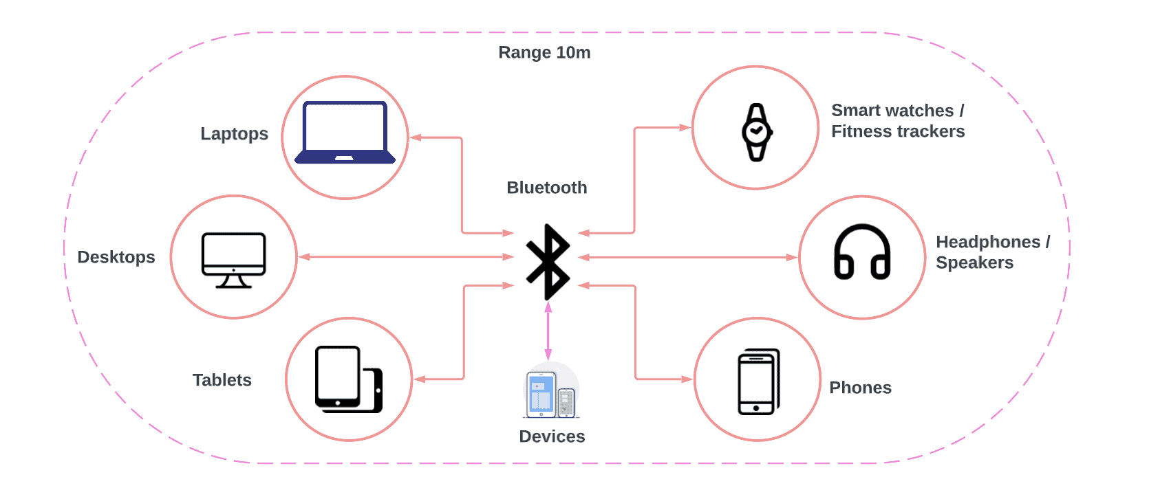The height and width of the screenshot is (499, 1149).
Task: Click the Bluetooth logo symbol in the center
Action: coord(548,262)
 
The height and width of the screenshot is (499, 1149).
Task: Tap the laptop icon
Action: coord(345,133)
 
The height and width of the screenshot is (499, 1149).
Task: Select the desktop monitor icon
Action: coord(233,260)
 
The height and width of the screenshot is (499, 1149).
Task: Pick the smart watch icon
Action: coord(756,132)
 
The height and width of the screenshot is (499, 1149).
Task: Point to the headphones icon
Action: coord(862,252)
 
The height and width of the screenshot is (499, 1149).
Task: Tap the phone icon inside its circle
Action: coord(758,381)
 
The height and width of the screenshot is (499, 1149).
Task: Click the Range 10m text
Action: coord(544,53)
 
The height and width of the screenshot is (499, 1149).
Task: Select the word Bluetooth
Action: coord(547,188)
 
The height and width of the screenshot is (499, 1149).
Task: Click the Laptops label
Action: coord(234,134)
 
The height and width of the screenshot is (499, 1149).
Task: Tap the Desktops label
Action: coord(116,257)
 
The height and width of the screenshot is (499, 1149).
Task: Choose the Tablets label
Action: coord(222,380)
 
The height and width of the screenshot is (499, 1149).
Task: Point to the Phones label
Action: coord(860,388)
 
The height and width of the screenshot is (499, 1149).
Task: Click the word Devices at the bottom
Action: coord(552,436)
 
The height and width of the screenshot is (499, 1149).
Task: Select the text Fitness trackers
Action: coord(898,131)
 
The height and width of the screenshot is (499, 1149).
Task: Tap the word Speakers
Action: coord(974,263)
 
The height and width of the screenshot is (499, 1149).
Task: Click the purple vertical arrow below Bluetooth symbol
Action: coord(548,331)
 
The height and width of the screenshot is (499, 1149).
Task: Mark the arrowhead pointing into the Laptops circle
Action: coord(416,137)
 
